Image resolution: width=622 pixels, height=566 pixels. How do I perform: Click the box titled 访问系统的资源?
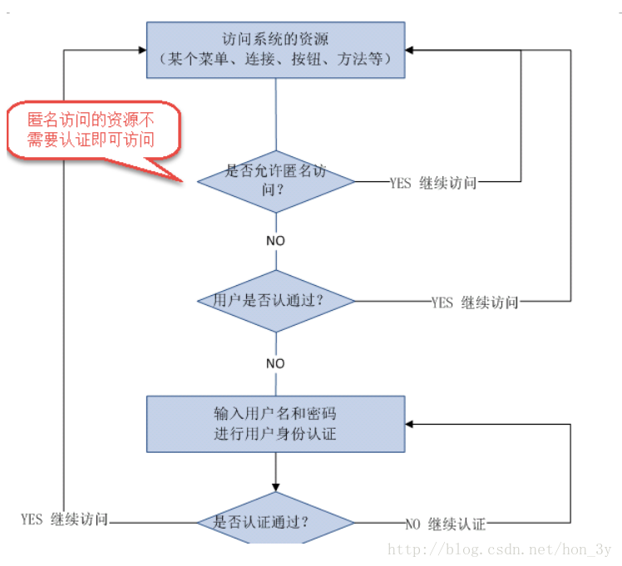point(276,49)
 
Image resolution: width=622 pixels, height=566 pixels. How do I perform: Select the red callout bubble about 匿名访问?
point(91,129)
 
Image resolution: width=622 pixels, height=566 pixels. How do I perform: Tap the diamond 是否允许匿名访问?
point(276,181)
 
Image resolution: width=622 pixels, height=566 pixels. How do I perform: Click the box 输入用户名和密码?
point(276,423)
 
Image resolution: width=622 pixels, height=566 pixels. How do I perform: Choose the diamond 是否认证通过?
point(276,523)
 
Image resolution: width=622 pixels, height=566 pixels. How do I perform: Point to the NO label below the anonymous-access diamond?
point(275,240)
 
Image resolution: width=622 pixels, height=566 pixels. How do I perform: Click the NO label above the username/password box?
point(275,363)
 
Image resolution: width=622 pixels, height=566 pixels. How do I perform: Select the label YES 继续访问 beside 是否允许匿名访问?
point(432,183)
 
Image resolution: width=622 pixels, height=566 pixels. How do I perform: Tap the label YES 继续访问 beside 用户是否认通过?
point(474,303)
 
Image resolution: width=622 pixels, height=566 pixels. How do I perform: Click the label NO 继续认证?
point(445,524)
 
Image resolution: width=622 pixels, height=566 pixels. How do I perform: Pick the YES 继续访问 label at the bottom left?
point(64,519)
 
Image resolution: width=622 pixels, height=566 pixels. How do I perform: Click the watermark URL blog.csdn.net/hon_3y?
point(500,550)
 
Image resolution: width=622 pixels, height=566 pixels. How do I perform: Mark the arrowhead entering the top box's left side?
point(142,49)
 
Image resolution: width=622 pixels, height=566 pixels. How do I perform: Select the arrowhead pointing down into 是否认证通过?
point(276,490)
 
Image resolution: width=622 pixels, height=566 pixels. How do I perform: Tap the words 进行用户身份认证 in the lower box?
point(275,433)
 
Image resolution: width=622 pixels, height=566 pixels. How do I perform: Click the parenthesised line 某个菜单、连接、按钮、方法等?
point(275,60)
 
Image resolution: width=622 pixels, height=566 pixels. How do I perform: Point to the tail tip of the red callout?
point(181,179)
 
